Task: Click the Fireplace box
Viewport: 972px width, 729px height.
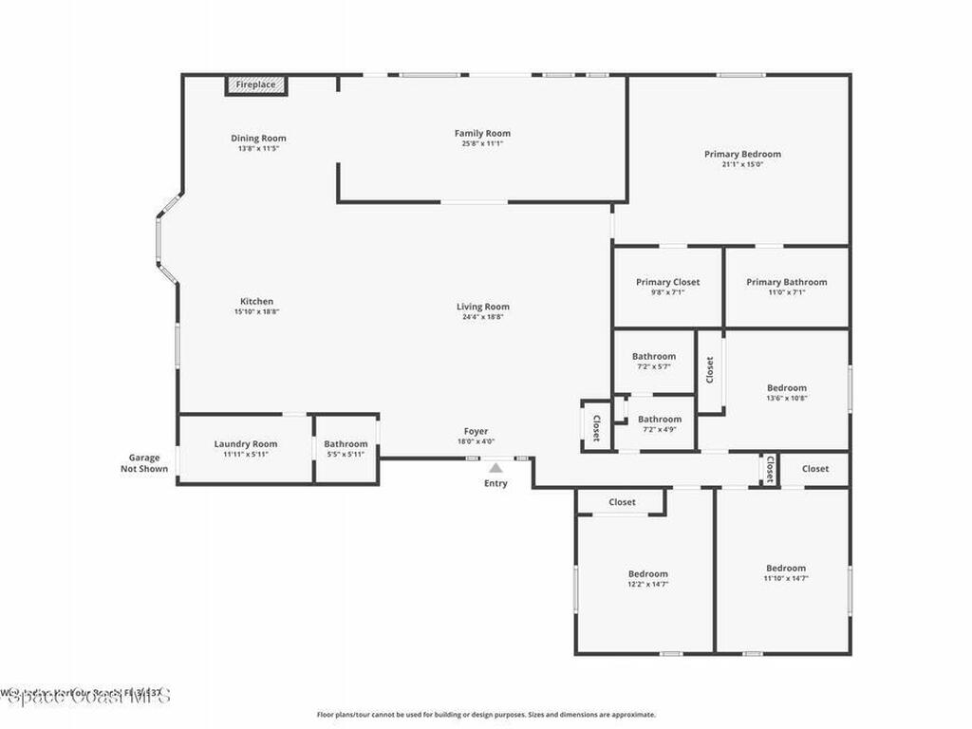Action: tap(255, 85)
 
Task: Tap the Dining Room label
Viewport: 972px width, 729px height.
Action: tap(258, 139)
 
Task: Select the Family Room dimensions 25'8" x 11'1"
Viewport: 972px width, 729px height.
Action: tap(482, 144)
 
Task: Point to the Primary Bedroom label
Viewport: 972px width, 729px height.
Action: tap(742, 154)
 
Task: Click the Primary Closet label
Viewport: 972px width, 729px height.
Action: tap(667, 282)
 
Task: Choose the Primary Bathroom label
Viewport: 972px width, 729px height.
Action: tap(786, 282)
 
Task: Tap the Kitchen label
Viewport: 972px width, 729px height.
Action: tap(256, 302)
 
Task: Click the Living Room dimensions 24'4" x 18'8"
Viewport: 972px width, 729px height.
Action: tap(483, 317)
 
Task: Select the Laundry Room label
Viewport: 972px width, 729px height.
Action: tap(246, 444)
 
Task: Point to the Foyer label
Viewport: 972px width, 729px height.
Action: tap(476, 432)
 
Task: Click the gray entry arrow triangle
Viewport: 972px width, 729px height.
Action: tap(495, 467)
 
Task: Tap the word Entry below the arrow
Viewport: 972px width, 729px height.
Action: tap(495, 483)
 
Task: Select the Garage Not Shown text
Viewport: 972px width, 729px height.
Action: tap(144, 463)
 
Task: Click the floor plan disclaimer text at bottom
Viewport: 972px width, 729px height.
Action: tap(486, 715)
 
